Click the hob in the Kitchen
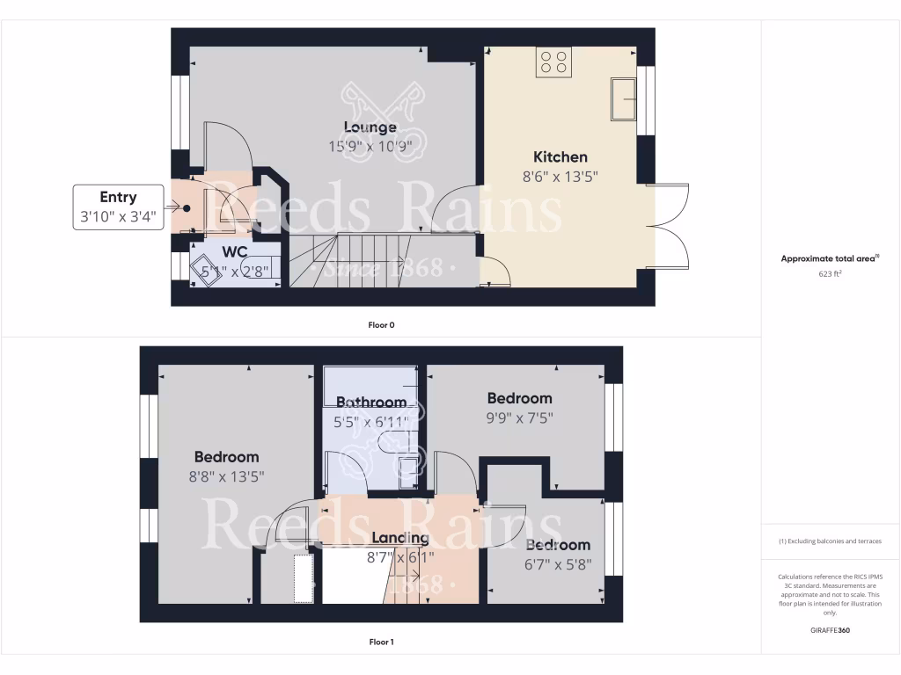coord(553,62)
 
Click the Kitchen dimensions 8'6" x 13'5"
coord(561,176)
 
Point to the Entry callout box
coord(119,207)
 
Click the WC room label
coord(235,252)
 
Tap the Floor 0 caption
coord(381,325)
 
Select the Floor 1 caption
coord(381,642)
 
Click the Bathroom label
coord(371,403)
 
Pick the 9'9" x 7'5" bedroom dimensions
coord(519,417)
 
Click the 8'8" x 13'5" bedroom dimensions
coord(226,475)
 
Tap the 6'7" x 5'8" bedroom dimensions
coord(558,564)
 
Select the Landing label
coord(400,538)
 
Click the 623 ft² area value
coord(831,273)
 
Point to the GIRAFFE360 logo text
coord(831,630)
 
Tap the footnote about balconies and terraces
coord(831,541)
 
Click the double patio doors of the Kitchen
coord(669,226)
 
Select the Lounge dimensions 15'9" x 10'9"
coord(370,147)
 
